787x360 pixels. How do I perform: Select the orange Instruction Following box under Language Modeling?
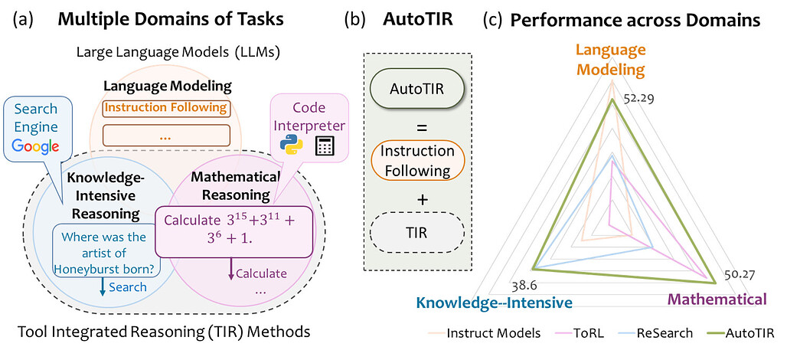pos(165,108)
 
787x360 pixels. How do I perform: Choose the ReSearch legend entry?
pos(660,333)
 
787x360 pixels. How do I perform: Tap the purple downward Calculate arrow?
pos(230,270)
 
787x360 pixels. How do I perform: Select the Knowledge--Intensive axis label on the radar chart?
pos(494,303)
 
